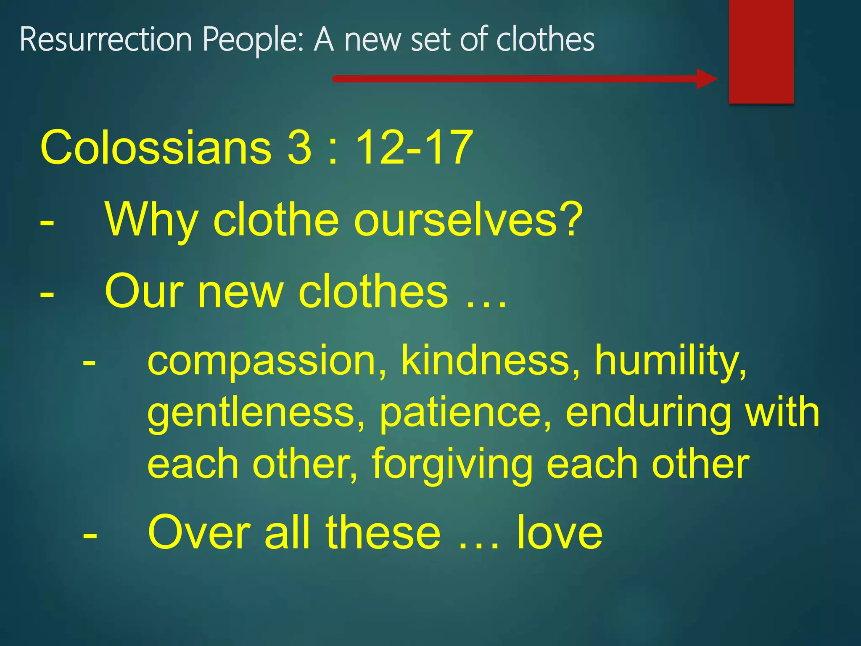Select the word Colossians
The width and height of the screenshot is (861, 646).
point(156,148)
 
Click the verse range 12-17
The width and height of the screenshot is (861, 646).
point(415,148)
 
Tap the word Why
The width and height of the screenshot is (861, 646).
point(151,220)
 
